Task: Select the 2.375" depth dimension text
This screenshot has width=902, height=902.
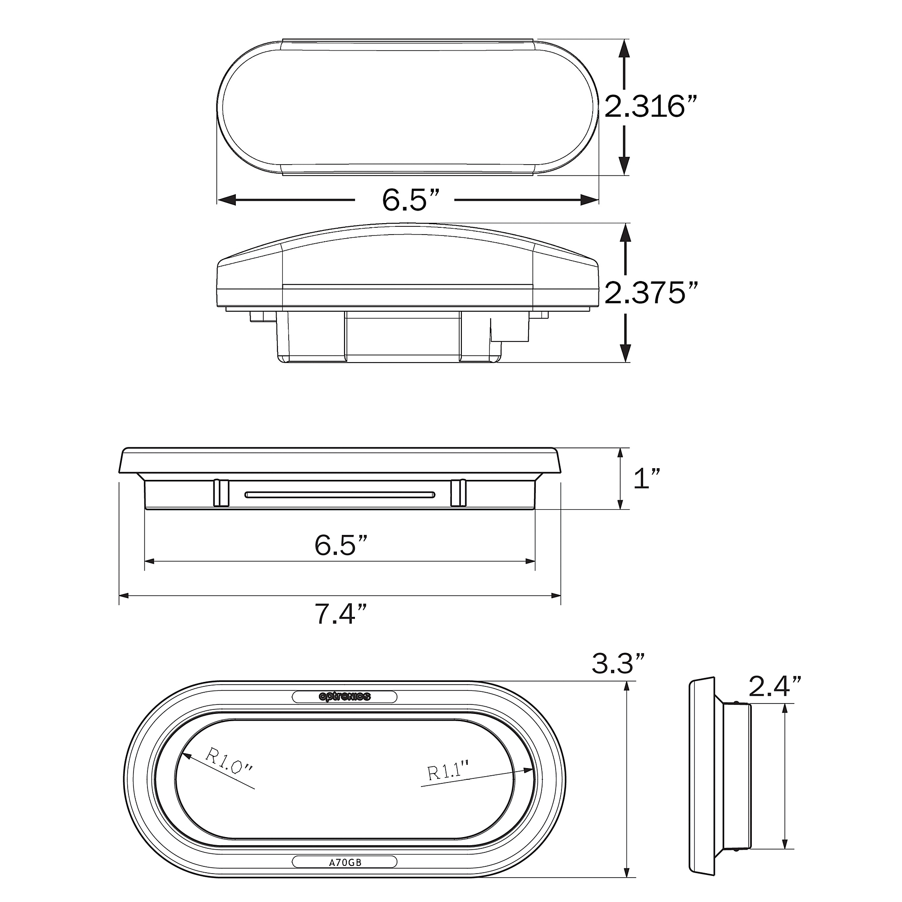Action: (x=652, y=293)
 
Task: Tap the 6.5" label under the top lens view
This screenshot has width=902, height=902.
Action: (x=411, y=200)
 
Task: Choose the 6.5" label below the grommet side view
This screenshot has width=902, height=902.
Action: (x=341, y=545)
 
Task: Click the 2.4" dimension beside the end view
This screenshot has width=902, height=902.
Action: (x=775, y=686)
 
